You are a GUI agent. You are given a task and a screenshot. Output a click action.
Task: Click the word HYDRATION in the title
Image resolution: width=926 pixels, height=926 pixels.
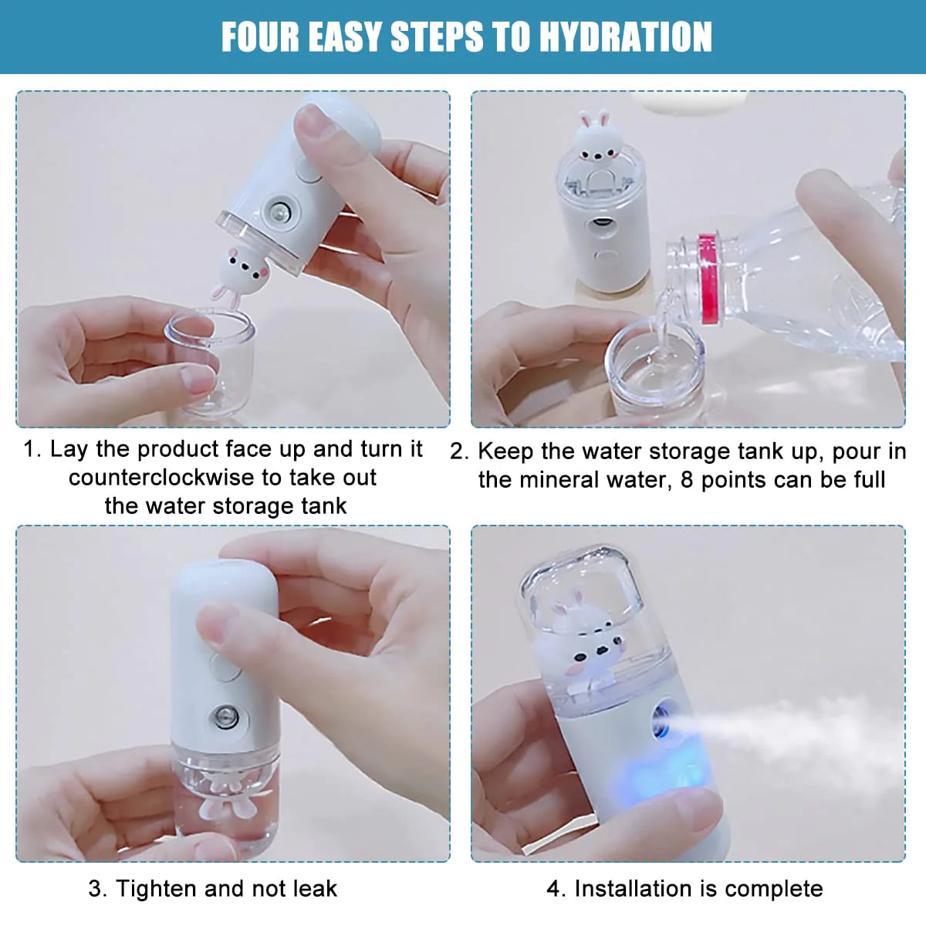[x=626, y=37]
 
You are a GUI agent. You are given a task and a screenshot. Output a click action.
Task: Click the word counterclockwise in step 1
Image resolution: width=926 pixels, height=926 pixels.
[x=161, y=478]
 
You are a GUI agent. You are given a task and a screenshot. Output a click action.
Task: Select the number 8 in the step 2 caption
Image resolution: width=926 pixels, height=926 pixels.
[x=687, y=480]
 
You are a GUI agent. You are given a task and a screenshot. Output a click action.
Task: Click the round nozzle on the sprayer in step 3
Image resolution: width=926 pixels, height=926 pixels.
[x=225, y=718]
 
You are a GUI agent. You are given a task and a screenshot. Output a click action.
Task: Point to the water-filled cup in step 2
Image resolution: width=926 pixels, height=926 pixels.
[x=654, y=371]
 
